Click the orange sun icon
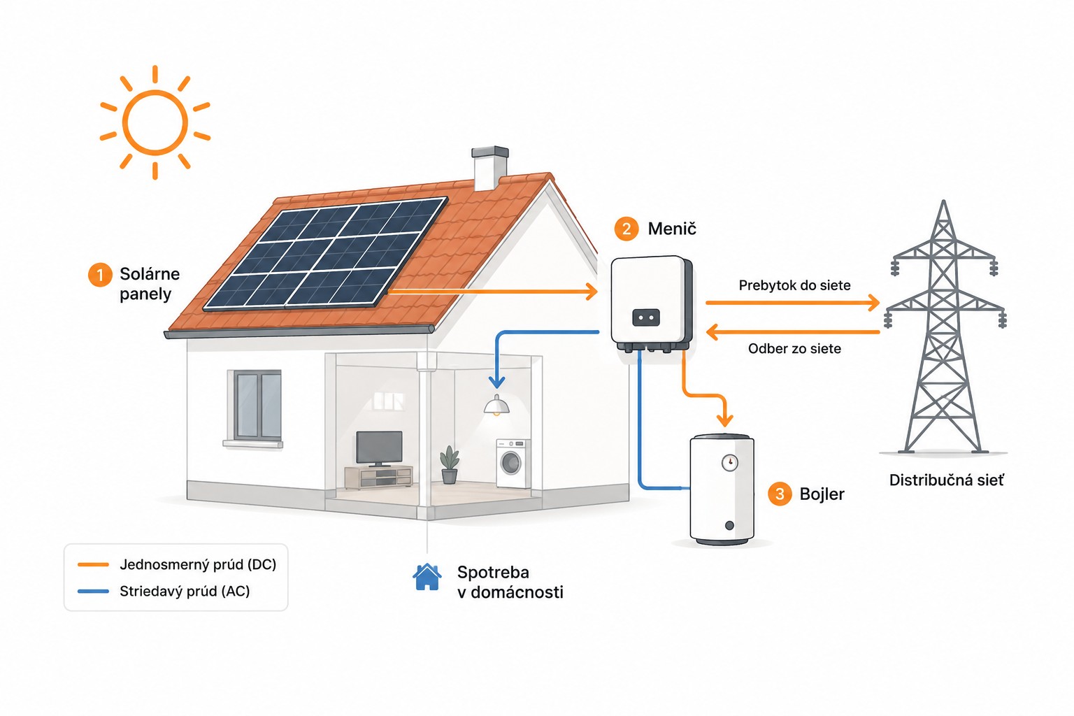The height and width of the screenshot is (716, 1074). point(155,122)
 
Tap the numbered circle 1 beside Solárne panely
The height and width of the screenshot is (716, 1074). point(100,275)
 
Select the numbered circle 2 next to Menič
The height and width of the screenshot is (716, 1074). point(626,229)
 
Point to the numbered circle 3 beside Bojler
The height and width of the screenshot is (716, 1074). point(780,494)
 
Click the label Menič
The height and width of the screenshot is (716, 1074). point(672,229)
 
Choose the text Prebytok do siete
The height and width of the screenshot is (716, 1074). point(794,285)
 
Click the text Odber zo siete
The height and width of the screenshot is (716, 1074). point(794,349)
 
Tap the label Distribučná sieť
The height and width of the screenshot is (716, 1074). point(947,480)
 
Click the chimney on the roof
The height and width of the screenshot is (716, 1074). point(489,168)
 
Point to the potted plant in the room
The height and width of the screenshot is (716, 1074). point(450,464)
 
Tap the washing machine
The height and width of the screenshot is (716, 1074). point(513,464)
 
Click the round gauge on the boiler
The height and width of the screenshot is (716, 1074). point(729,463)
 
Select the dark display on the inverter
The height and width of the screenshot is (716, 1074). point(646,317)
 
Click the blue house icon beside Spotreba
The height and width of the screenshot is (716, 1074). point(427,577)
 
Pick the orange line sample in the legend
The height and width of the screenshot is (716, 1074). point(93,564)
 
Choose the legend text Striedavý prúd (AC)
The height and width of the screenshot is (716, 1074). point(185,592)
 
